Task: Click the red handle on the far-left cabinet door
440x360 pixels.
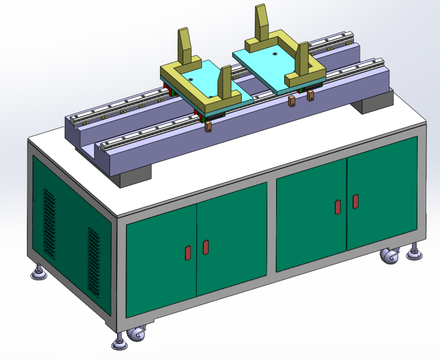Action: pyautogui.click(x=186, y=252)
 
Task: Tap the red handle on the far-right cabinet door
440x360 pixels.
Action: pyautogui.click(x=356, y=201)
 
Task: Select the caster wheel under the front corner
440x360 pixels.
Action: pyautogui.click(x=136, y=335)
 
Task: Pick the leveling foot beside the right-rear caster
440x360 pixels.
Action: pyautogui.click(x=414, y=253)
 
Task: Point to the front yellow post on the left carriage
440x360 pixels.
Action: pyautogui.click(x=226, y=84)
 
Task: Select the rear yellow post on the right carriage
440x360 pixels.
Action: pyautogui.click(x=261, y=24)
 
